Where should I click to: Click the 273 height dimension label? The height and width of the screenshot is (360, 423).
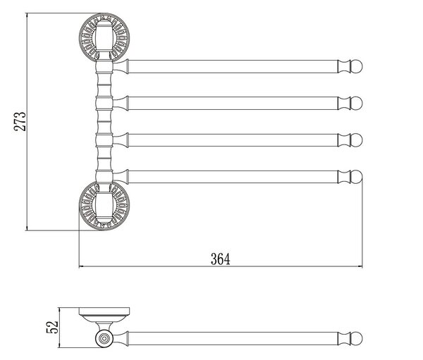20,121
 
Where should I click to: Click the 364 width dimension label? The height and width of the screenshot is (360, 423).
221,259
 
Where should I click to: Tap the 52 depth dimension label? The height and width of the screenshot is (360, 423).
52,327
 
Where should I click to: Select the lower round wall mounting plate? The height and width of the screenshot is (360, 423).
104,206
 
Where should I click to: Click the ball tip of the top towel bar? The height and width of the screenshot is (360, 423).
356,66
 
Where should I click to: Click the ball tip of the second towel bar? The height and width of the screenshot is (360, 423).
356,103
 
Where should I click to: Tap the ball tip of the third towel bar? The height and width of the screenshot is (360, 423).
356,140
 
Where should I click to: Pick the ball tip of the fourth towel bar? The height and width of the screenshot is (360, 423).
356,177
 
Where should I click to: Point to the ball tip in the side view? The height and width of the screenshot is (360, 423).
356,338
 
